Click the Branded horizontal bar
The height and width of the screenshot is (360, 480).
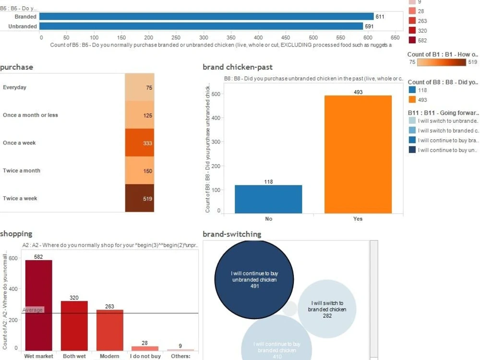[206, 16]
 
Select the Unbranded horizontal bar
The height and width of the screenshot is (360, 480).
[202, 26]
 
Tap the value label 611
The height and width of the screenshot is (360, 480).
[380, 16]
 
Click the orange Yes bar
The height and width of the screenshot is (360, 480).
[358, 154]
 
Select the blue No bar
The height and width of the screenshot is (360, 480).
[268, 199]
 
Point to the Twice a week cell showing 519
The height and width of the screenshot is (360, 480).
[140, 198]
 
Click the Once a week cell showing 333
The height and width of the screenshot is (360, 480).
[140, 143]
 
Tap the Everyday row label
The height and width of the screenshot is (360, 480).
[15, 88]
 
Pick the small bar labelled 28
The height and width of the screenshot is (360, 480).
[144, 348]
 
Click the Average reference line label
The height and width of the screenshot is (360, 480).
[33, 310]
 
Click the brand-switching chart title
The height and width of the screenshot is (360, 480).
[232, 234]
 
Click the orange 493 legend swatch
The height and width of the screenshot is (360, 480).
[412, 100]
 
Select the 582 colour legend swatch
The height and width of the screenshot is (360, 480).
[412, 41]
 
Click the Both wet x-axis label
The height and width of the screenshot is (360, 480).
[74, 356]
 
